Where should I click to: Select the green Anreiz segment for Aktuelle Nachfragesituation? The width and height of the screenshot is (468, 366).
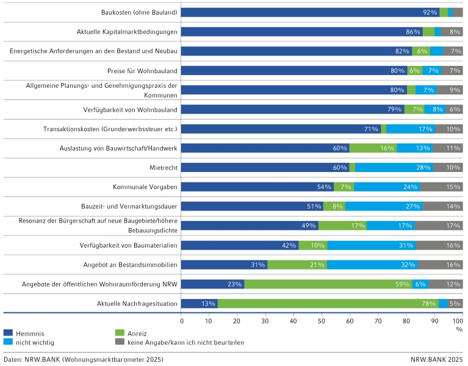tap(328, 304)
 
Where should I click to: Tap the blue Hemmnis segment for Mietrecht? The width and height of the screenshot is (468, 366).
tap(265, 168)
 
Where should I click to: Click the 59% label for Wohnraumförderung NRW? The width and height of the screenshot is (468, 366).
tap(403, 284)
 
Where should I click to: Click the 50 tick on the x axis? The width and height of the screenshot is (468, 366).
tap(322, 320)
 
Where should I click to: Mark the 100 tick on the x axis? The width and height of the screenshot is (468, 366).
tap(461, 320)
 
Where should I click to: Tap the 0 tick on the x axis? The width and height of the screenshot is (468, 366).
tap(182, 320)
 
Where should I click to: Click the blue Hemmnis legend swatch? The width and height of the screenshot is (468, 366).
tap(8, 332)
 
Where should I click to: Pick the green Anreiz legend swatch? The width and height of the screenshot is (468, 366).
tap(120, 332)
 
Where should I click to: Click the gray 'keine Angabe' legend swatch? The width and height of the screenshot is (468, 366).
tap(120, 342)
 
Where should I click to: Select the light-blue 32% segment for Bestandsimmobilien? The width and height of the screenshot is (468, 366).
tap(372, 265)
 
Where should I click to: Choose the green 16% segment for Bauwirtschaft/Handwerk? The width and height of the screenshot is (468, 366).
tap(373, 148)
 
